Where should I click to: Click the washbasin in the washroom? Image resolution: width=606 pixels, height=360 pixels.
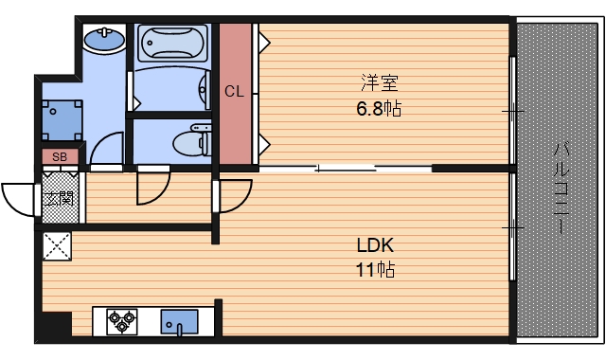tap(102, 41)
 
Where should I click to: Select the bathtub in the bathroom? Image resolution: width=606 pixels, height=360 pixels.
tap(171, 43)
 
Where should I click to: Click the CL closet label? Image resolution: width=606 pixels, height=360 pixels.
tap(236, 92)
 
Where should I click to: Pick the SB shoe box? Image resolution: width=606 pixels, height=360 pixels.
tap(60, 156)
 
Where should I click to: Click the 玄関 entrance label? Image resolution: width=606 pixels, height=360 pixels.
tap(59, 198)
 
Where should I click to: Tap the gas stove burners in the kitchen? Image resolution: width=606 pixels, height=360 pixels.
tap(121, 322)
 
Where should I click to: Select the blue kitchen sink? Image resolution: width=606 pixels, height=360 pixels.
tap(178, 322)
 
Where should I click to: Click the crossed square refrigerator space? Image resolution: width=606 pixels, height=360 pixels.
tap(57, 247)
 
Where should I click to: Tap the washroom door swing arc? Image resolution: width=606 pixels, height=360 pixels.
tap(107, 153)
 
